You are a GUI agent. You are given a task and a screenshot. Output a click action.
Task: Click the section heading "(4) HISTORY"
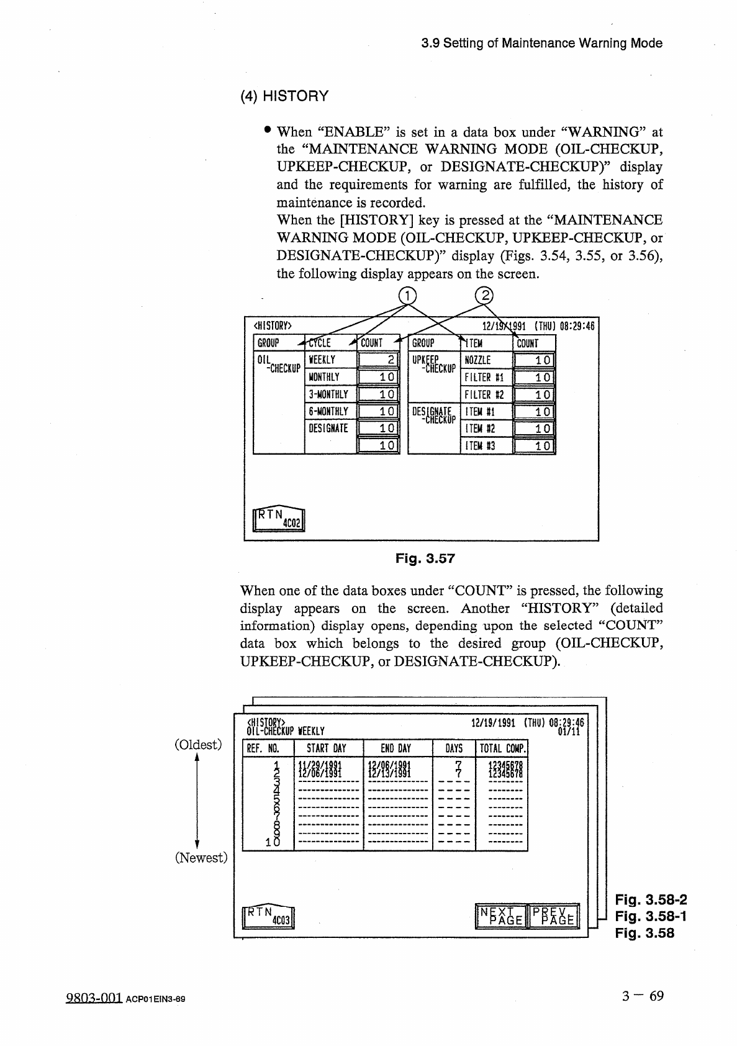(284, 96)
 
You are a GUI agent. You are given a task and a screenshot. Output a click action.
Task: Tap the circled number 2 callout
(484, 296)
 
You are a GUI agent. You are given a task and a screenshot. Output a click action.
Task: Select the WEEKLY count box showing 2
(378, 360)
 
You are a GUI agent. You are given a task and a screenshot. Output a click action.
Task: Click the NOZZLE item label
(477, 360)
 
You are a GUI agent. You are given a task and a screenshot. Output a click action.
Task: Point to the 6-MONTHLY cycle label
(328, 411)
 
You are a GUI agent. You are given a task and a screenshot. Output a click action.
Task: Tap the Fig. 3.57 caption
(425, 558)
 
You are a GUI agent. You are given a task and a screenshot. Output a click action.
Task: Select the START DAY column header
(327, 748)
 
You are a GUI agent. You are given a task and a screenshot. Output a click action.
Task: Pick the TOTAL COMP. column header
(502, 748)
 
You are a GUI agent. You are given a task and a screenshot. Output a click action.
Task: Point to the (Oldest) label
(198, 744)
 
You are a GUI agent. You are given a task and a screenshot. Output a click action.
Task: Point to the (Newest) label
(201, 858)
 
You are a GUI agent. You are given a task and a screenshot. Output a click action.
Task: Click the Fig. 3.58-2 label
(651, 900)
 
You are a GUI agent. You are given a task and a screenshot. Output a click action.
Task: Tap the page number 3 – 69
(643, 996)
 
